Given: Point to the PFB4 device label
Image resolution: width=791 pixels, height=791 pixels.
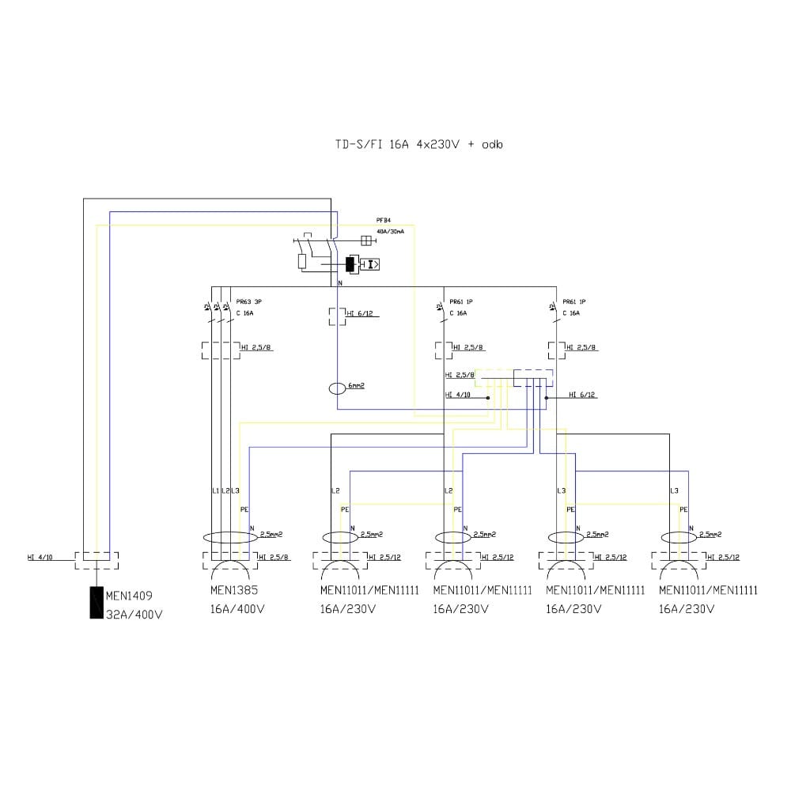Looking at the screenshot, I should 384,221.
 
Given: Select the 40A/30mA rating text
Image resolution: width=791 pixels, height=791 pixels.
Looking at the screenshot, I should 391,232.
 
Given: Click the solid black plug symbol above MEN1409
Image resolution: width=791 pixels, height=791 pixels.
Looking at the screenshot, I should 97,603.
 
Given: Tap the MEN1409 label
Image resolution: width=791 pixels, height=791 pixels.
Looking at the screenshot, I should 130,596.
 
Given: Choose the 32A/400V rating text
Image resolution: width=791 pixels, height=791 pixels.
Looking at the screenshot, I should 134,614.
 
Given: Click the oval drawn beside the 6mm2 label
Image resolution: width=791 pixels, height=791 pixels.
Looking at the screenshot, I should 338,388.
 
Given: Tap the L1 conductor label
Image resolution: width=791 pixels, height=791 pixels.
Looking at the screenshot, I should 215,491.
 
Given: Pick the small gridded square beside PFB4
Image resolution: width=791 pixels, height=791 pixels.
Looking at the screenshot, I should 366,240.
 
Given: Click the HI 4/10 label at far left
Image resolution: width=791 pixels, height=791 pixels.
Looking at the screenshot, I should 40,557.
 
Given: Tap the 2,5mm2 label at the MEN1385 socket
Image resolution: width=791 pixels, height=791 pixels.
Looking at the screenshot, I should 272,535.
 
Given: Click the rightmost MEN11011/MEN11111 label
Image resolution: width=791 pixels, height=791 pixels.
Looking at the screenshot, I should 708,590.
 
